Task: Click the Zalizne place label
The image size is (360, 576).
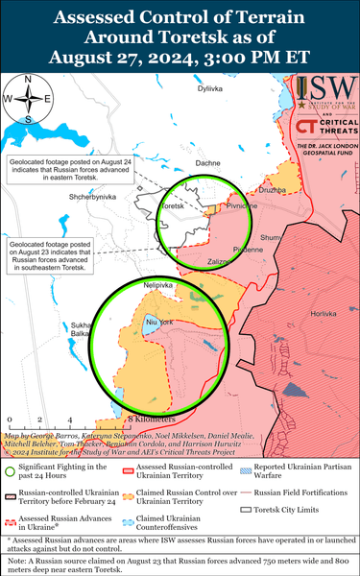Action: click(219, 261)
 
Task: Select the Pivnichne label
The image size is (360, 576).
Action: click(241, 205)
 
